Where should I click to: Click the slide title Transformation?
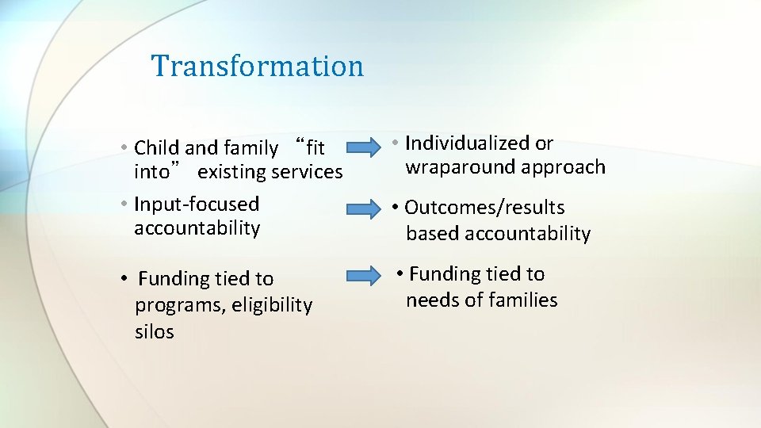pyautogui.click(x=258, y=66)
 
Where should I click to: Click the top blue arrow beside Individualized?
pyautogui.click(x=364, y=147)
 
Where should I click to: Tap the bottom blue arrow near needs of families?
pyautogui.click(x=364, y=276)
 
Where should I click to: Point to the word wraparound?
pyautogui.click(x=461, y=167)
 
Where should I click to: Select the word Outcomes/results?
pyautogui.click(x=484, y=208)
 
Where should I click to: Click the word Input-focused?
pyautogui.click(x=197, y=204)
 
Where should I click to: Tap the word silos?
pyautogui.click(x=155, y=332)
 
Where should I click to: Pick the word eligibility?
pyautogui.click(x=272, y=305)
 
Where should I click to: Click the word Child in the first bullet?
pyautogui.click(x=158, y=148)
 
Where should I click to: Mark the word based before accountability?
pyautogui.click(x=433, y=234)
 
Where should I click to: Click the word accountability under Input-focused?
pyautogui.click(x=197, y=228)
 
